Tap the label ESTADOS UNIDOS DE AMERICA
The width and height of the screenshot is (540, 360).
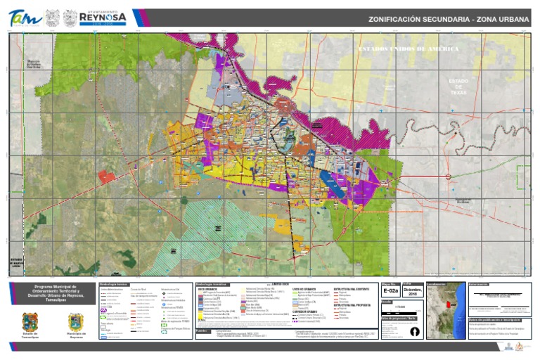click(x=409, y=49)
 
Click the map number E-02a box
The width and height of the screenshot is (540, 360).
click(x=390, y=290)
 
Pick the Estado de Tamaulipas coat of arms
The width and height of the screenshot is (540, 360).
click(x=30, y=323)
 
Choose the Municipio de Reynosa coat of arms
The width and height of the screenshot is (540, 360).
click(x=76, y=323)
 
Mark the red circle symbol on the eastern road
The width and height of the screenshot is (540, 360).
click(x=449, y=176)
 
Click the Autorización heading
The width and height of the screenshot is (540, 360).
click(x=478, y=285)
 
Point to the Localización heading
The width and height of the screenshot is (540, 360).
click(x=437, y=285)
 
